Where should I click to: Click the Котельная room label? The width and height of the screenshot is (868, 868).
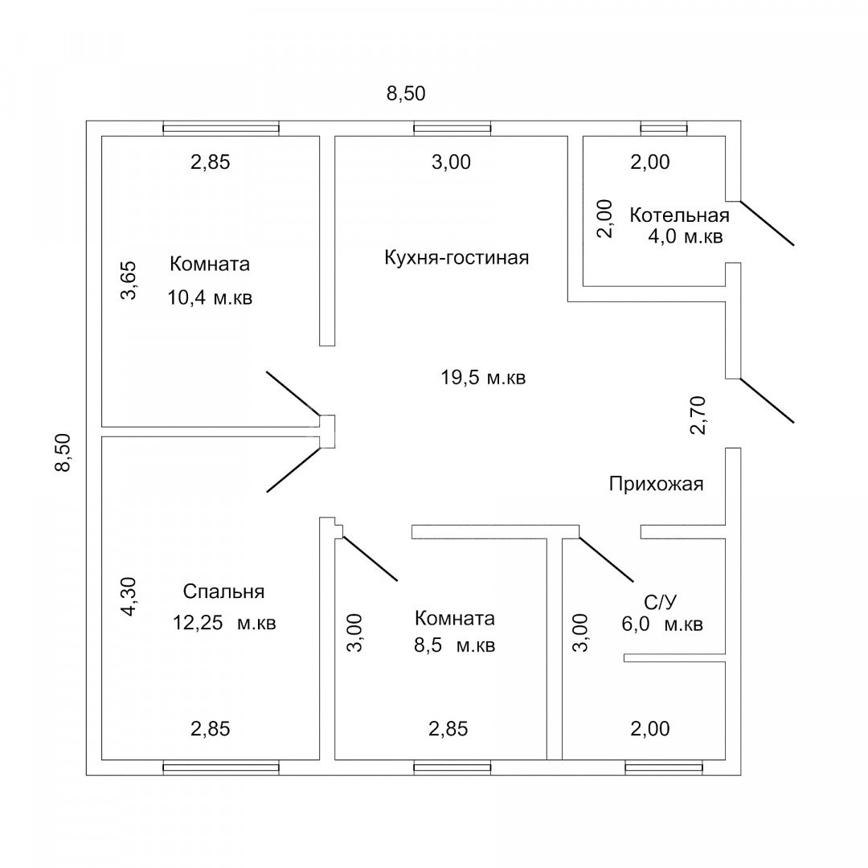pyautogui.click(x=679, y=215)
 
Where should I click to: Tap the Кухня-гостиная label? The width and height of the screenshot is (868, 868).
pyautogui.click(x=457, y=257)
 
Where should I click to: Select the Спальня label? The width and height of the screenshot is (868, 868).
pyautogui.click(x=223, y=592)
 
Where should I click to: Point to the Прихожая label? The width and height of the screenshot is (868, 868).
pyautogui.click(x=656, y=484)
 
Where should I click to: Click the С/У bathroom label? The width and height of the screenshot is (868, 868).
pyautogui.click(x=660, y=602)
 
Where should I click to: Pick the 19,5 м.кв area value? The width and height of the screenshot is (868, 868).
pyautogui.click(x=483, y=378)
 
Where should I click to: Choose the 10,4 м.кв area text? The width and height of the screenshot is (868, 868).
pyautogui.click(x=210, y=298)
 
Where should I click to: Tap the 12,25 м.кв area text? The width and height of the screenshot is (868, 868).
pyautogui.click(x=224, y=623)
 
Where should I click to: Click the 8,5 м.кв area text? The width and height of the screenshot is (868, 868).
pyautogui.click(x=454, y=645)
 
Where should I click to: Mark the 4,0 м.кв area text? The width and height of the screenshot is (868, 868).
pyautogui.click(x=686, y=236)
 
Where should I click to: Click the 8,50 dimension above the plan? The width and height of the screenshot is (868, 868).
pyautogui.click(x=406, y=93)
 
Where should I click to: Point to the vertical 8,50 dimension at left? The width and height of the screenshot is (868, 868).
pyautogui.click(x=63, y=452)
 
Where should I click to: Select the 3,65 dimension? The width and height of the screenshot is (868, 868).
pyautogui.click(x=128, y=280)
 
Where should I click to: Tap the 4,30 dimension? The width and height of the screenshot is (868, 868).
pyautogui.click(x=128, y=596)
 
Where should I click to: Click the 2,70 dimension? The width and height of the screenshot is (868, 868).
pyautogui.click(x=698, y=416)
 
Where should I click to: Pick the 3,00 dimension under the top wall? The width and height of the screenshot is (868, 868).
pyautogui.click(x=451, y=162)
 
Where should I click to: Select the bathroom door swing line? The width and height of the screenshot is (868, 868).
pyautogui.click(x=606, y=559)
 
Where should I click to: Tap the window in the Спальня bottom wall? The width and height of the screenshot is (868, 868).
pyautogui.click(x=221, y=768)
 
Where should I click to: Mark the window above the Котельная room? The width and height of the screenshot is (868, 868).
pyautogui.click(x=664, y=129)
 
